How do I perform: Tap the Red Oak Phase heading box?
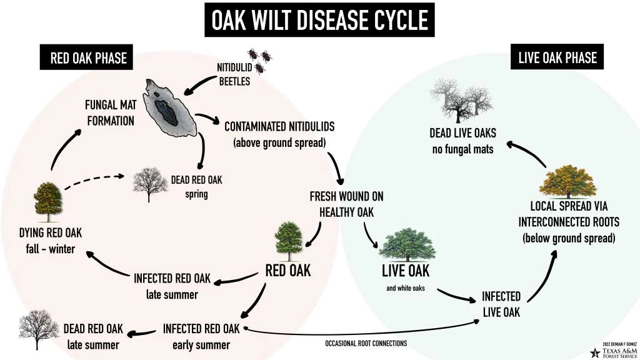point(88,58)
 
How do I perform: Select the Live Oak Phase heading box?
point(557,58)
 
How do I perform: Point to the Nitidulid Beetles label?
point(234,74)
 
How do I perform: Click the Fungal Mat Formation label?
point(111,112)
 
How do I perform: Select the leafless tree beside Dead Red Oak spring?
point(149,184)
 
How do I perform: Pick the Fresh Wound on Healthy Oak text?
point(346,204)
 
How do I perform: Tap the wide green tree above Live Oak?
point(407,245)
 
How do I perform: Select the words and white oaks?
point(406,289)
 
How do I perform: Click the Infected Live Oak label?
point(501,304)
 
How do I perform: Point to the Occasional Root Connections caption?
point(366,344)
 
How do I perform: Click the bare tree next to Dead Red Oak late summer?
point(39,329)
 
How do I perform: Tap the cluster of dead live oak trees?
point(461,102)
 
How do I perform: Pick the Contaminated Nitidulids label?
point(279,134)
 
